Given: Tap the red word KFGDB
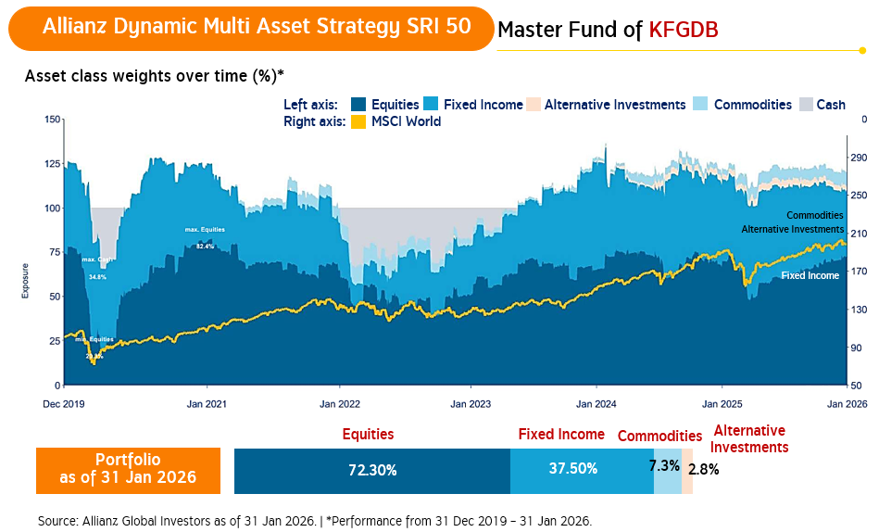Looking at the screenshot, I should pyautogui.click(x=684, y=31).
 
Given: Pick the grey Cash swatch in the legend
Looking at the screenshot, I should pyautogui.click(x=805, y=105).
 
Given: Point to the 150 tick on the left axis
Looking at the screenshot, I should pyautogui.click(x=53, y=119).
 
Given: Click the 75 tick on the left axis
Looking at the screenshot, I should pyautogui.click(x=56, y=252).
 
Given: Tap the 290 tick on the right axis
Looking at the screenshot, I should pyautogui.click(x=858, y=157).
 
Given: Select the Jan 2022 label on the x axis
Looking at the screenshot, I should pyautogui.click(x=340, y=404).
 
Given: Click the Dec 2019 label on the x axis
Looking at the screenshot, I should pyautogui.click(x=64, y=404).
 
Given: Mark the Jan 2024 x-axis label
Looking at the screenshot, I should pyautogui.click(x=596, y=404).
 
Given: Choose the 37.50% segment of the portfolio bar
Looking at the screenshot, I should pyautogui.click(x=581, y=470).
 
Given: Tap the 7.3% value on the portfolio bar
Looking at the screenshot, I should pyautogui.click(x=666, y=466).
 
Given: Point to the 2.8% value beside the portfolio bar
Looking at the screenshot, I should pyautogui.click(x=704, y=469).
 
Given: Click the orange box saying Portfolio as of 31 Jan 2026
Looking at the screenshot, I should pyautogui.click(x=128, y=469).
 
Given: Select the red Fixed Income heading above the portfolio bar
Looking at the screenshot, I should pyautogui.click(x=561, y=434).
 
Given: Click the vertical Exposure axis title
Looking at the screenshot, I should pyautogui.click(x=26, y=281).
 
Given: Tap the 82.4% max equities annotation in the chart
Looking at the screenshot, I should pyautogui.click(x=205, y=247).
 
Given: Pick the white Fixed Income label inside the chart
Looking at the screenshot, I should pyautogui.click(x=810, y=275).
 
